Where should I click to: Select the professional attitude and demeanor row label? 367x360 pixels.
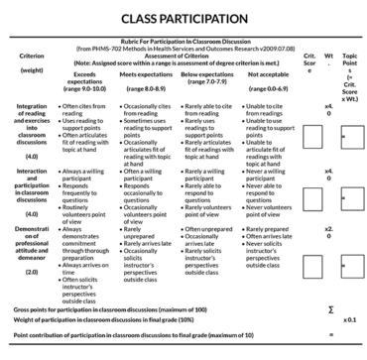(x=29, y=260)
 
